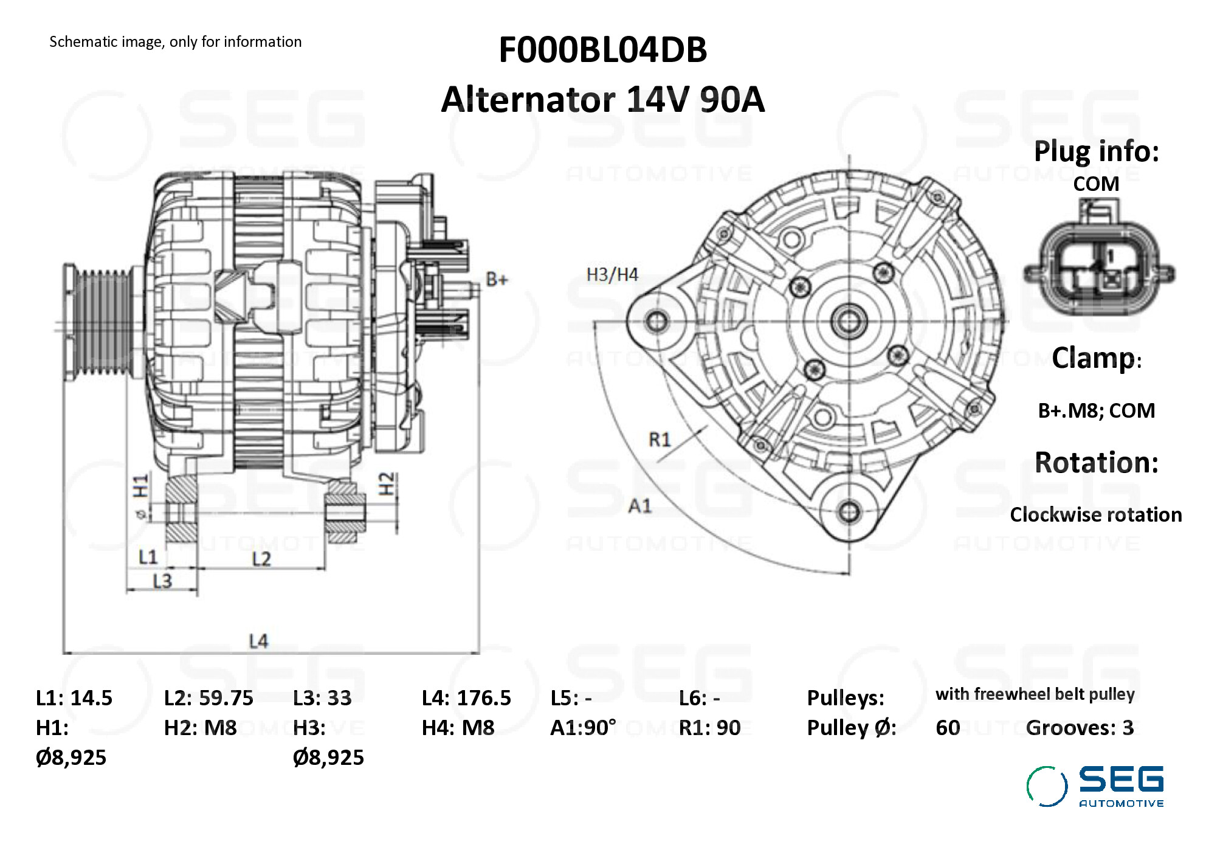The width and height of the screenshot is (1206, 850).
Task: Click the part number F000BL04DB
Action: click(602, 50)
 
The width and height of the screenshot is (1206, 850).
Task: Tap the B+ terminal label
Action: click(497, 280)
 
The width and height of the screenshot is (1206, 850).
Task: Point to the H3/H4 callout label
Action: click(612, 275)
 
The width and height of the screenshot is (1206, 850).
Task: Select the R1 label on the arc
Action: click(660, 439)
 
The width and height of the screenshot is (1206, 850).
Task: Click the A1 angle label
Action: click(639, 505)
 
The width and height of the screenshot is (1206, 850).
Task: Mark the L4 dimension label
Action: click(258, 641)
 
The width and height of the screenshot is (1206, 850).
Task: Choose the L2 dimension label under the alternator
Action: click(261, 559)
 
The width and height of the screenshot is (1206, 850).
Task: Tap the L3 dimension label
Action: click(162, 581)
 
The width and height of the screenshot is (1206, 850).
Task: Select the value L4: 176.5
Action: click(466, 698)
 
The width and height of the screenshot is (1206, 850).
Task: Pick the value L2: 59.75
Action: click(208, 698)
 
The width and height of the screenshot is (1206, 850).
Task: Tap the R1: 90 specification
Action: click(709, 728)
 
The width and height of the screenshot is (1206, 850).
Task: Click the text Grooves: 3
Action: click(1080, 728)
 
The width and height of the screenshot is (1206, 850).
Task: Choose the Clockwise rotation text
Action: click(1095, 515)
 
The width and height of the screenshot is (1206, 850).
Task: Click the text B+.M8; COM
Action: click(1096, 411)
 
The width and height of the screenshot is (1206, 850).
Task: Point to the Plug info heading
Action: click(1096, 151)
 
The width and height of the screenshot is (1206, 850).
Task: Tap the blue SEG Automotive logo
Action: click(1096, 786)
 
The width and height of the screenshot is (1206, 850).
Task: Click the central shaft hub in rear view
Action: click(849, 320)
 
